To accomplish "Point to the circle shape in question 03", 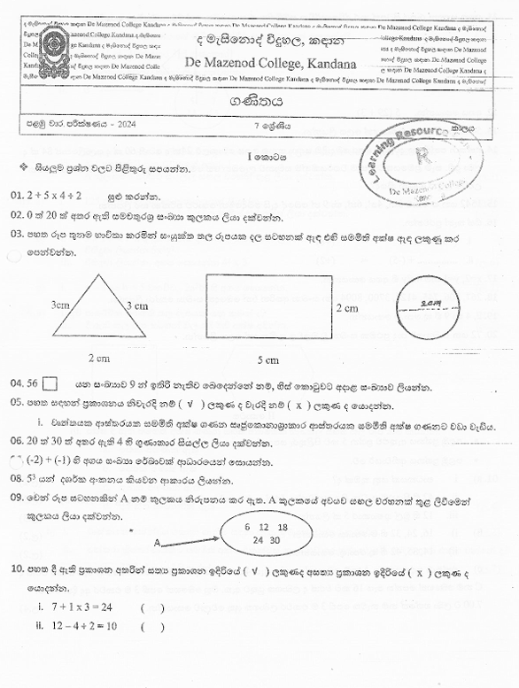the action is pyautogui.click(x=430, y=309).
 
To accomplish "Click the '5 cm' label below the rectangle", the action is pyautogui.click(x=267, y=359).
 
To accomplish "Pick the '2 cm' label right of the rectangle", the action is pyautogui.click(x=346, y=308).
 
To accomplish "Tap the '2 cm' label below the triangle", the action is pyautogui.click(x=98, y=359).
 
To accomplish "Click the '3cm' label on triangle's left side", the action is pyautogui.click(x=60, y=305).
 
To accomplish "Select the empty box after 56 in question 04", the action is pyautogui.click(x=50, y=384).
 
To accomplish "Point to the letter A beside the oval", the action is pyautogui.click(x=157, y=542).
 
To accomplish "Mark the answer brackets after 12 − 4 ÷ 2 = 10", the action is pyautogui.click(x=151, y=627).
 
